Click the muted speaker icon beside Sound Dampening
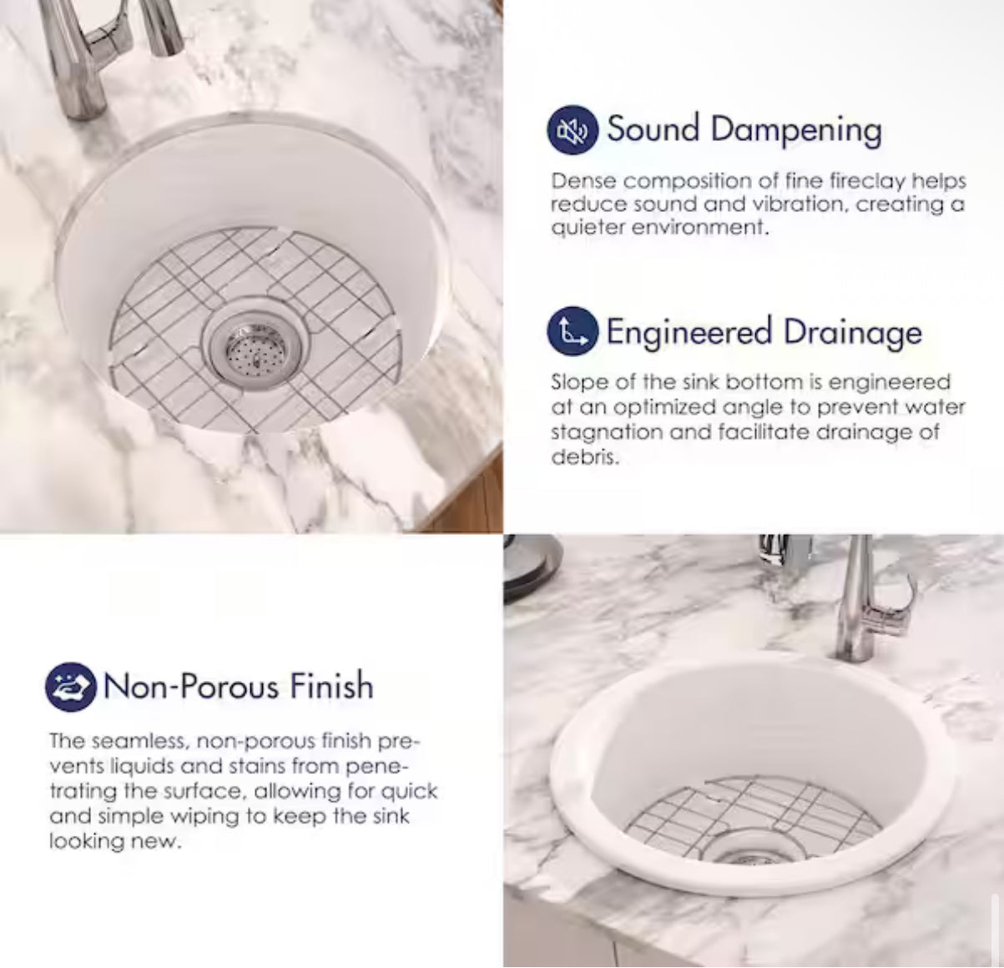click(x=573, y=130)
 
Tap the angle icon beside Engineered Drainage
click(x=573, y=330)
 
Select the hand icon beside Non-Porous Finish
click(x=71, y=687)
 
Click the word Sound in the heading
click(x=653, y=129)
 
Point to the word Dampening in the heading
click(x=796, y=131)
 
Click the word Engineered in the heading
click(x=689, y=333)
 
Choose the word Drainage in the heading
click(x=853, y=333)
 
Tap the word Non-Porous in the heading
click(x=189, y=686)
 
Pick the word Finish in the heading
click(x=331, y=685)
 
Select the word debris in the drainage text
click(x=584, y=456)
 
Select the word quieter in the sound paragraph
click(x=588, y=228)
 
